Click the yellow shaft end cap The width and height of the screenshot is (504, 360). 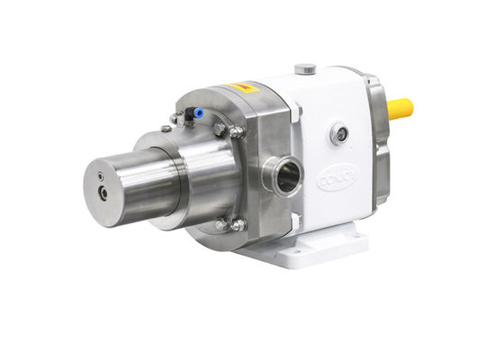tap(400, 109)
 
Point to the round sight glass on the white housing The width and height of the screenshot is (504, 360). tap(340, 136)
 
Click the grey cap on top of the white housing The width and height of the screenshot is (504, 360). tap(305, 68)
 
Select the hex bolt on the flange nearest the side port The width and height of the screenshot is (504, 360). tap(237, 132)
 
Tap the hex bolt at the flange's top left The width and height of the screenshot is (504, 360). tap(174, 119)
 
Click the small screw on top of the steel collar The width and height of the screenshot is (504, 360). tap(167, 129)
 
